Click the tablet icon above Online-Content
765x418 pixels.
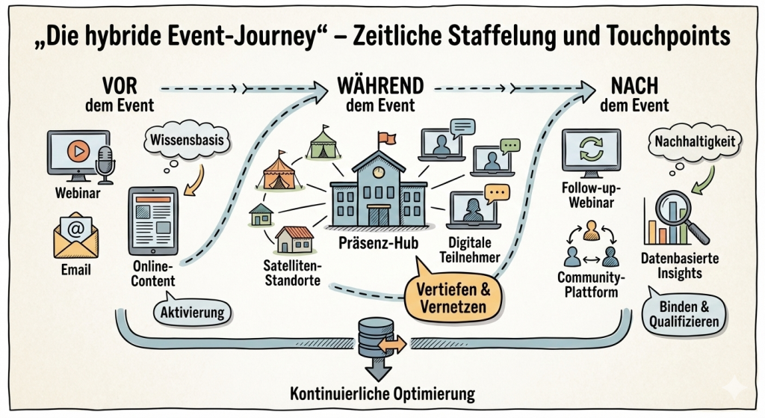click(153, 220)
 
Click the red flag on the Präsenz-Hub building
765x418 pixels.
click(385, 139)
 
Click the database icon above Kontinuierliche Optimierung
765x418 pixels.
click(371, 338)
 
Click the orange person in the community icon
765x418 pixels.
click(591, 229)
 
